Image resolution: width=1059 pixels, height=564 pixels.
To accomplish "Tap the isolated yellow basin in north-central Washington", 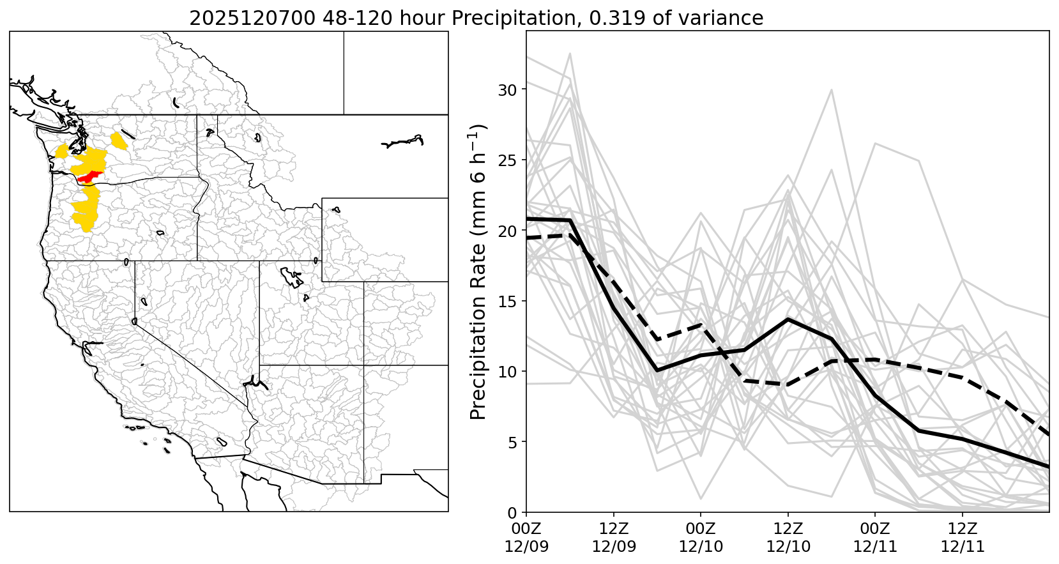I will click(x=119, y=141).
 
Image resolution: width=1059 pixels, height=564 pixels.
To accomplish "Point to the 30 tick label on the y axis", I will click(x=507, y=89).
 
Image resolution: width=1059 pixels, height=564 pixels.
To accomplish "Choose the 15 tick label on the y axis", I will click(x=507, y=301).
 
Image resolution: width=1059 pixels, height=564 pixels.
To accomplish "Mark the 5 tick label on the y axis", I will click(x=512, y=442).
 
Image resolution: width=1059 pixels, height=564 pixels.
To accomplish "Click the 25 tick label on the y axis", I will click(x=507, y=160).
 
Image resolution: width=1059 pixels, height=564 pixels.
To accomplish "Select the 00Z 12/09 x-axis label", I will click(x=526, y=538).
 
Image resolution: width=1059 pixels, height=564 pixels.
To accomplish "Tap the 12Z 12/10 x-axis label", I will click(x=788, y=538).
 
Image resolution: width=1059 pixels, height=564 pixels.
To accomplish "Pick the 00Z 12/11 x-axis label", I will click(x=875, y=538).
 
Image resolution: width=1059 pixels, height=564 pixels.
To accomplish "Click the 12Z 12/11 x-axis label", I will click(x=963, y=538).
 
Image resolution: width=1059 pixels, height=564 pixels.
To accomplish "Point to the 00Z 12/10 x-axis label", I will click(x=701, y=538).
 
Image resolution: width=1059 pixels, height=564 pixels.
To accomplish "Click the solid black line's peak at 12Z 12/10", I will click(x=788, y=319).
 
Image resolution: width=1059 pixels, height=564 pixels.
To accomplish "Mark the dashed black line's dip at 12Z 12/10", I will click(x=788, y=385).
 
